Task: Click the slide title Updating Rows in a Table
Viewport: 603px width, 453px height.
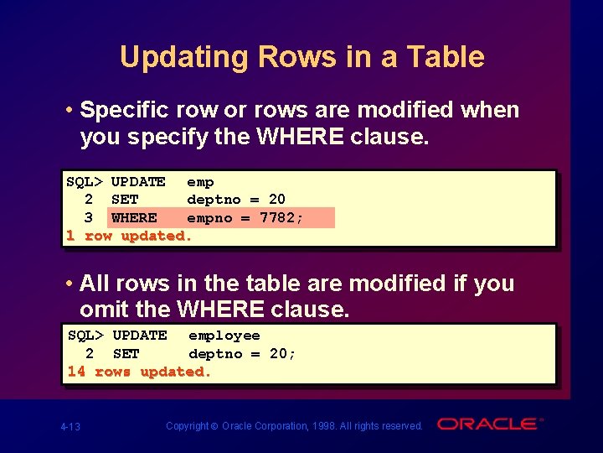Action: (301, 57)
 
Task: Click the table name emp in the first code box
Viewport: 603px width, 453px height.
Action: (200, 181)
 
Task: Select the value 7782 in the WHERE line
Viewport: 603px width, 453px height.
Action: (281, 218)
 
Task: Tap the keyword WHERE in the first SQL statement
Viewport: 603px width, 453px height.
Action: (134, 218)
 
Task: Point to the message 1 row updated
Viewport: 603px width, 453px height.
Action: (129, 236)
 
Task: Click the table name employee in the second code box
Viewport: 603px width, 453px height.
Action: (224, 336)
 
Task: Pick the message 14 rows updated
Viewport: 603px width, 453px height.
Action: (139, 372)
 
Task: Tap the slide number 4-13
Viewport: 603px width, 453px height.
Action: (70, 427)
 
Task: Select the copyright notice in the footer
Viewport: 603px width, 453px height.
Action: (294, 426)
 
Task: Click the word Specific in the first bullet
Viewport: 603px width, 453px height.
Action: (126, 110)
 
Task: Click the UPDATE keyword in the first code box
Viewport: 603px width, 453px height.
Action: (138, 181)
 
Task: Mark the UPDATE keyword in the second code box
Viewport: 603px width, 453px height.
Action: (140, 336)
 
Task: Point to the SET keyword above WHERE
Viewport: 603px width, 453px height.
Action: (125, 200)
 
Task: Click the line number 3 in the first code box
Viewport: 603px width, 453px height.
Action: (88, 218)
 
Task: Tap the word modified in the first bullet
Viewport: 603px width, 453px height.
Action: (394, 110)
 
